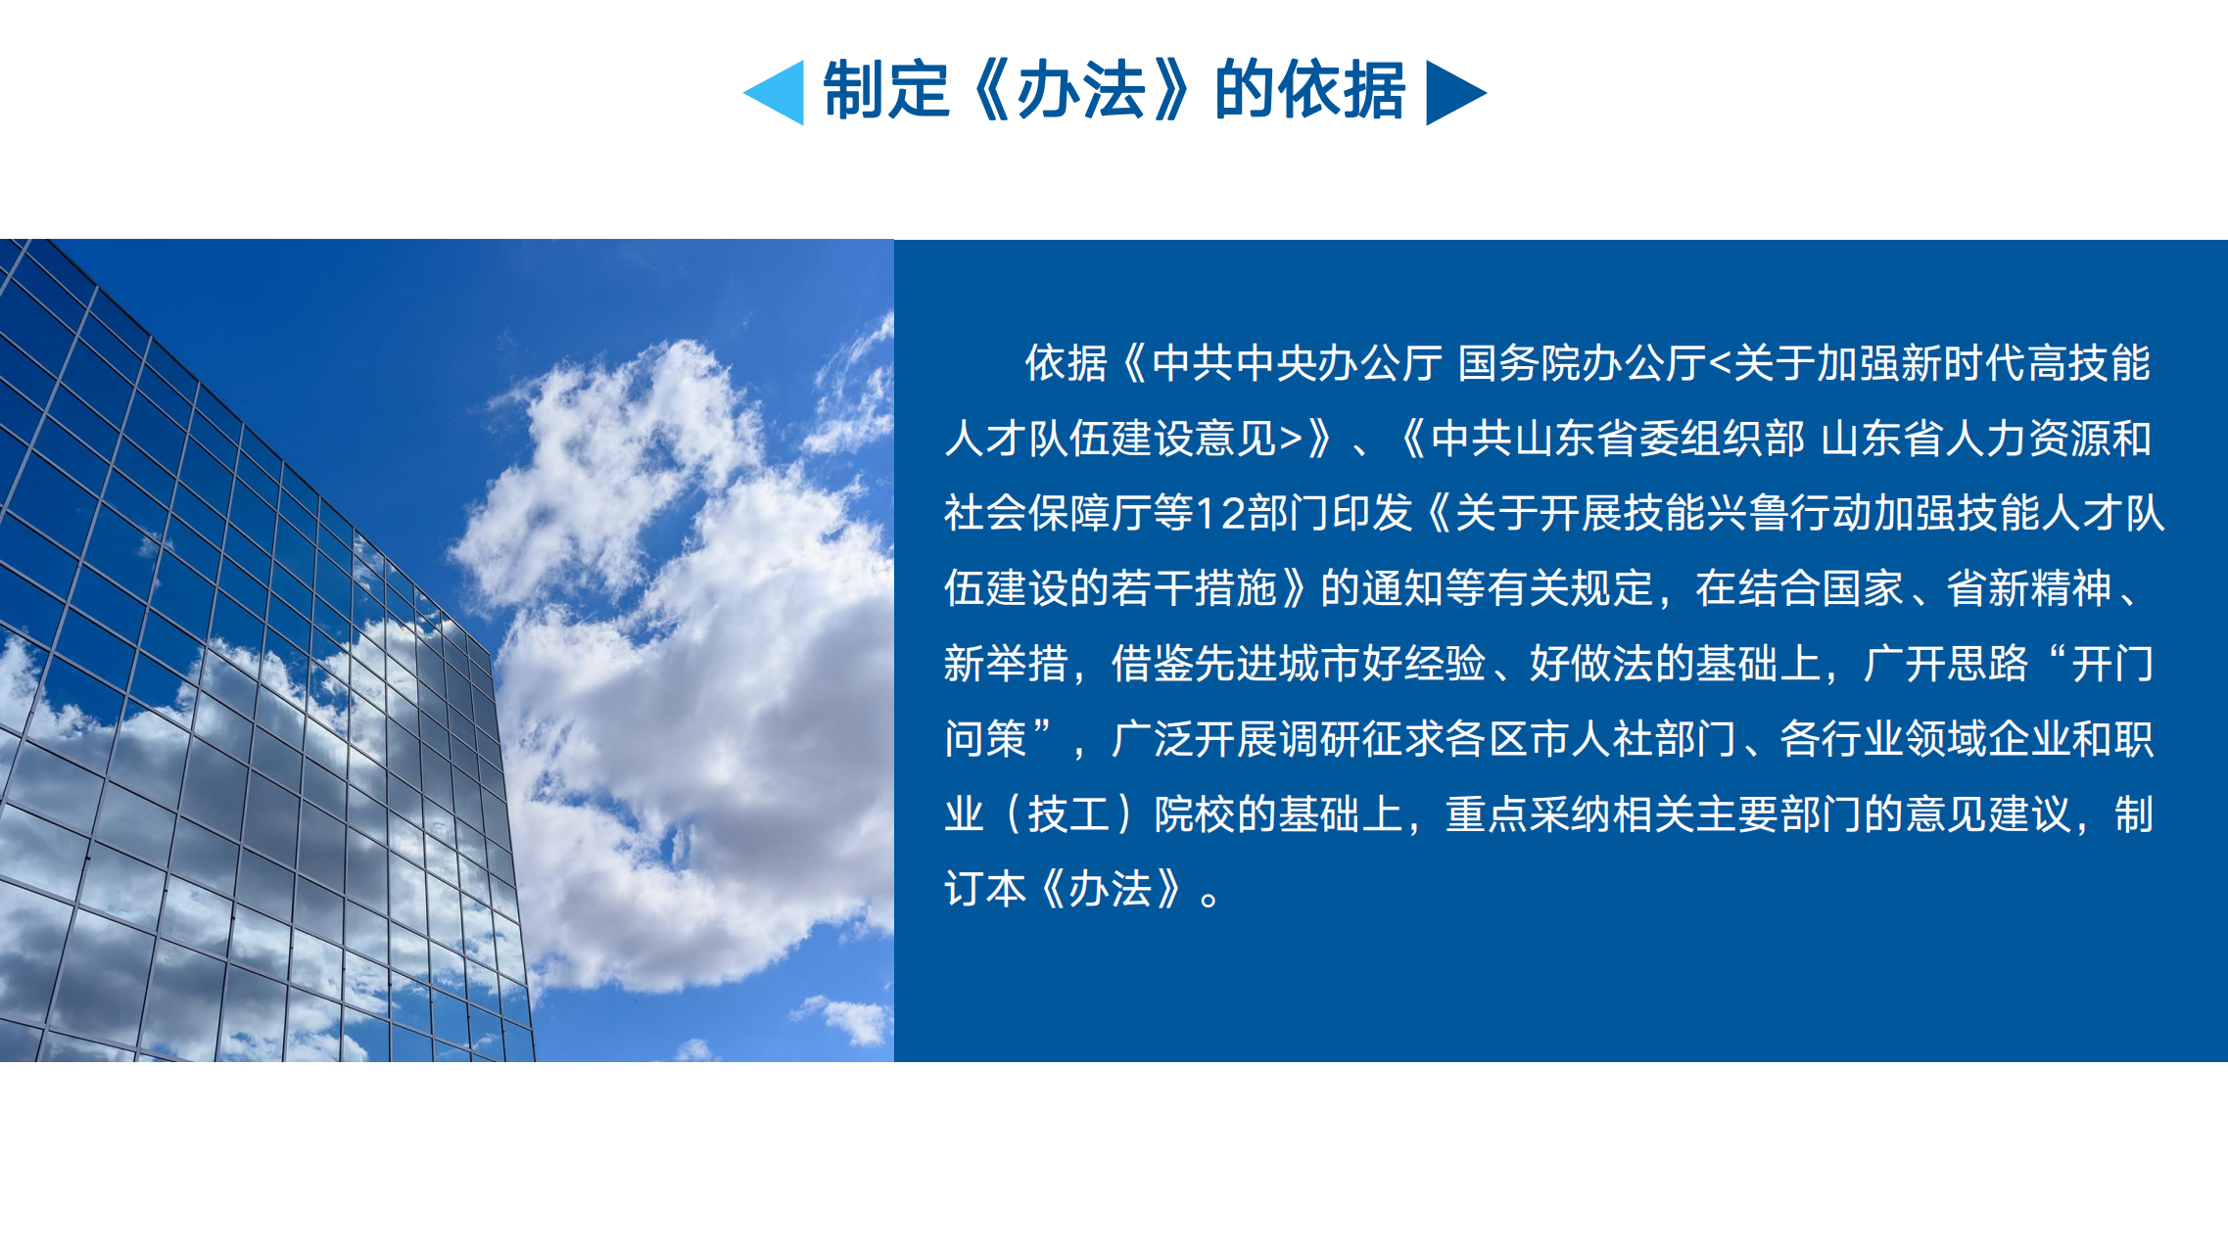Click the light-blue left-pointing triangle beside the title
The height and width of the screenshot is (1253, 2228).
(x=779, y=93)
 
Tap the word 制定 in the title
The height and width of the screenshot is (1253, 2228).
(x=886, y=90)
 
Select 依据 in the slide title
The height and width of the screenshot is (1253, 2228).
(x=1343, y=90)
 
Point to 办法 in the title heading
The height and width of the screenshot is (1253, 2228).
(x=1081, y=90)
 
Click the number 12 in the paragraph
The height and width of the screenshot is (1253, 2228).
(x=1221, y=513)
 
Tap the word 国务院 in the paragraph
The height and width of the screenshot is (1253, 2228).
(x=1519, y=363)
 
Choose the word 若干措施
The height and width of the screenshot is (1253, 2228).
(x=1194, y=588)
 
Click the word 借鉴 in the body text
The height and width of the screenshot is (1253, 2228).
(x=1153, y=664)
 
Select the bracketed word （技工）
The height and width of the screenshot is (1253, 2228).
(x=1068, y=814)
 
